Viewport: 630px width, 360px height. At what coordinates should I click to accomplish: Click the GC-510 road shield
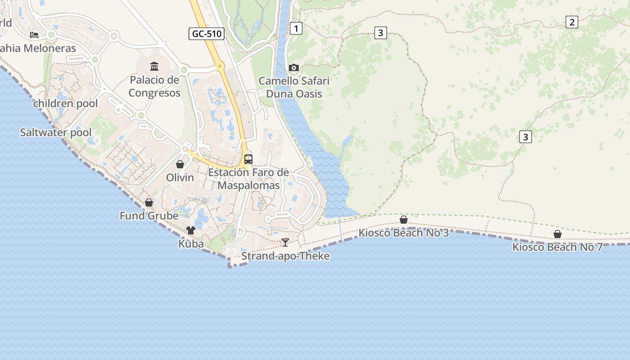(207, 33)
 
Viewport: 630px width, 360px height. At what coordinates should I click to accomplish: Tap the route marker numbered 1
(296, 28)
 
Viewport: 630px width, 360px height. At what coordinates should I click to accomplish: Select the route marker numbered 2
(571, 22)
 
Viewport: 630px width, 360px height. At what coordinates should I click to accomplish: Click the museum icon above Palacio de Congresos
(154, 67)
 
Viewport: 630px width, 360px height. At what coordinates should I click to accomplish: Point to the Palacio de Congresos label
(154, 86)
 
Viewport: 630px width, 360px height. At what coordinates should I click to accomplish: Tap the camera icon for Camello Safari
(294, 67)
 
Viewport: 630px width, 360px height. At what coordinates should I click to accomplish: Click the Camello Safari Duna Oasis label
(294, 87)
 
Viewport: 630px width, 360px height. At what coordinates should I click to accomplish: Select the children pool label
(65, 103)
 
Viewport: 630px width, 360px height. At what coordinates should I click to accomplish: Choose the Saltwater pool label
(56, 132)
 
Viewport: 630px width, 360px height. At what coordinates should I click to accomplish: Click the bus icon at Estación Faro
(248, 159)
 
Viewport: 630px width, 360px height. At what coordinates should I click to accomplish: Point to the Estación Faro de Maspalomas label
(248, 179)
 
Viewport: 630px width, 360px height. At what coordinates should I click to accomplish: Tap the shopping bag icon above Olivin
(180, 164)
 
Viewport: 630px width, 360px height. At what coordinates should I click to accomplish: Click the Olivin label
(180, 177)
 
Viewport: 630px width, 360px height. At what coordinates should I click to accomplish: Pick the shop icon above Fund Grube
(149, 202)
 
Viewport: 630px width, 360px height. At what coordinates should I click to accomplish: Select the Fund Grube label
(149, 216)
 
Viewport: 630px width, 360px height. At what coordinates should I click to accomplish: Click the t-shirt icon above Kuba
(191, 230)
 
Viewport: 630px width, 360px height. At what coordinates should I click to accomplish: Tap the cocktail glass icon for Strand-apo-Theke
(285, 243)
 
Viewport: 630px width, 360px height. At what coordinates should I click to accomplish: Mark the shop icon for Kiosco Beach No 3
(404, 220)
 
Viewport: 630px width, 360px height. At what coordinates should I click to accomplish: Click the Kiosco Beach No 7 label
(557, 247)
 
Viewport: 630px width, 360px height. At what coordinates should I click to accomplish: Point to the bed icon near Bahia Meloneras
(34, 35)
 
